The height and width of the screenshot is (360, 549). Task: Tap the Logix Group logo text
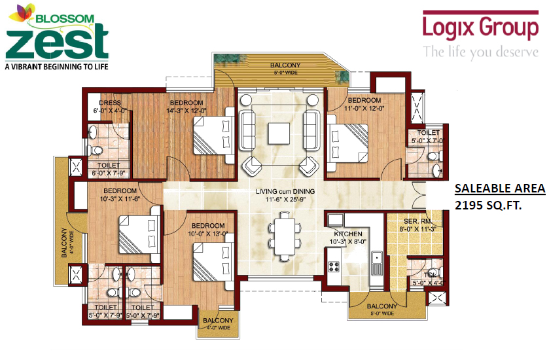[480, 28]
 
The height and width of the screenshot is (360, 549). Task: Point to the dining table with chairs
[285, 229]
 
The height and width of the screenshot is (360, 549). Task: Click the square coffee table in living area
[281, 132]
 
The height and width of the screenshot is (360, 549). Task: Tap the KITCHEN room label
[348, 234]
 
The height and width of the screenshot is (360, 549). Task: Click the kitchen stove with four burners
[336, 266]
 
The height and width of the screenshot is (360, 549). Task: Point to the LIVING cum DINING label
[285, 191]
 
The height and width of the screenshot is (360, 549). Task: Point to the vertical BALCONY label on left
[64, 242]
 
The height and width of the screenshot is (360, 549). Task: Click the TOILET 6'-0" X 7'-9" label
[108, 169]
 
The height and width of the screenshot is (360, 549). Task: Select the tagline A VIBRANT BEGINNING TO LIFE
[56, 66]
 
